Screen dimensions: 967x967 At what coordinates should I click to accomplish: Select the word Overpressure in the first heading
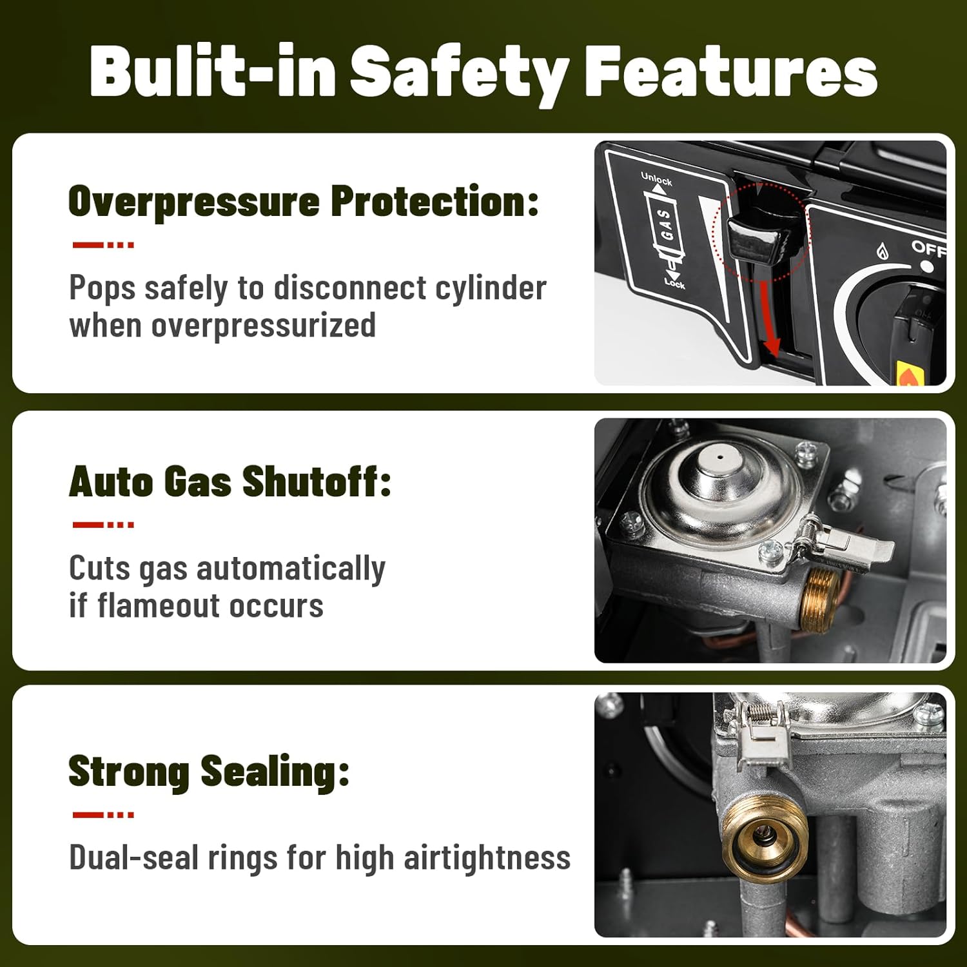pyautogui.click(x=194, y=202)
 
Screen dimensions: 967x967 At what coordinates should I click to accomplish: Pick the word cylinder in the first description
pyautogui.click(x=491, y=288)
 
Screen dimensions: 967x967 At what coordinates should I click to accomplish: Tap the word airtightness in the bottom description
pyautogui.click(x=487, y=858)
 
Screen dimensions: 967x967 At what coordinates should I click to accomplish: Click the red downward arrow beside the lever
pyautogui.click(x=769, y=318)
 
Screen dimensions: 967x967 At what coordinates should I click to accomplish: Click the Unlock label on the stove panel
pyautogui.click(x=656, y=179)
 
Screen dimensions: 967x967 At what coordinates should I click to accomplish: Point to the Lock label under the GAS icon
pyautogui.click(x=674, y=283)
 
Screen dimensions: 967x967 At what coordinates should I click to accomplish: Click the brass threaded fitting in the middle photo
pyautogui.click(x=819, y=598)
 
